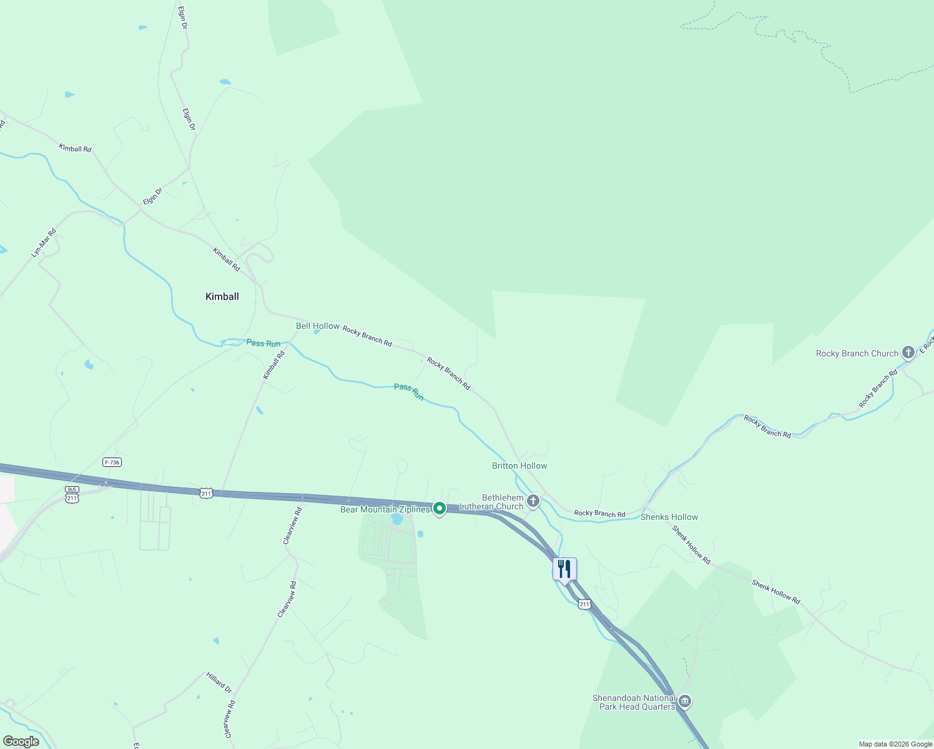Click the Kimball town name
coord(222,296)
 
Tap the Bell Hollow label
coord(317,326)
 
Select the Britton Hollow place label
coord(519,466)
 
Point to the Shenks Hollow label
coord(669,517)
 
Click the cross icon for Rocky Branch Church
coord(908,353)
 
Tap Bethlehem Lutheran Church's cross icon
coord(533,501)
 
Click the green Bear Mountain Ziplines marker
coord(439,509)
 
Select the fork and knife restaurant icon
coord(564,569)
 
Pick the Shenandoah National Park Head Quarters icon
coord(685,702)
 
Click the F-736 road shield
coord(112,462)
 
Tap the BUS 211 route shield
coord(72,495)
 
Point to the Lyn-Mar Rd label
coord(44,243)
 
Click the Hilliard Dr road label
coord(219,682)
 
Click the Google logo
coord(21,742)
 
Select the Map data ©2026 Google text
coord(895,744)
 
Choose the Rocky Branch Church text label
coord(857,353)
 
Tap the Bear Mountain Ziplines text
coord(385,510)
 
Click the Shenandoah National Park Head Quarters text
coord(634,702)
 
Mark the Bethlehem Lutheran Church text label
coord(492,502)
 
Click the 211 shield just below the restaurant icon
coord(584,604)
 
